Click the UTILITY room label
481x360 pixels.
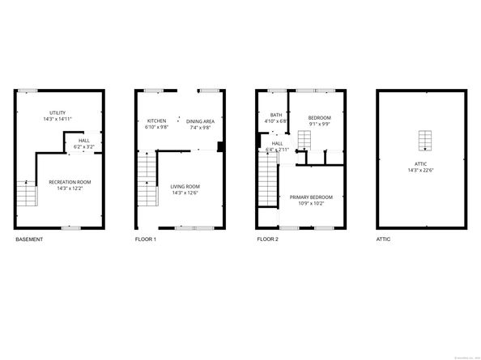coord(57,112)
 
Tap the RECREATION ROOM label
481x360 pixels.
coord(57,182)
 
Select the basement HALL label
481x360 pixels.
coord(84,141)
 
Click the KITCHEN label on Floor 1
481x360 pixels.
coord(156,121)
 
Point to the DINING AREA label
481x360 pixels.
coord(199,121)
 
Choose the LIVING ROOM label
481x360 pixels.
coord(185,187)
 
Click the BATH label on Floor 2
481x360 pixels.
coord(275,115)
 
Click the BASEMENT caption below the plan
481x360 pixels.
coord(29,240)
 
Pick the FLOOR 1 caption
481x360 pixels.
coord(146,240)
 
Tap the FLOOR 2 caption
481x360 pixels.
coord(267,240)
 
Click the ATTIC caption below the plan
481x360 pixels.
coord(385,240)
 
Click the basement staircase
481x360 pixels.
coord(27,193)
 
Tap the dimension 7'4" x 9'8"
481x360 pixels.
coord(199,128)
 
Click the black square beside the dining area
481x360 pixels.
coord(220,147)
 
